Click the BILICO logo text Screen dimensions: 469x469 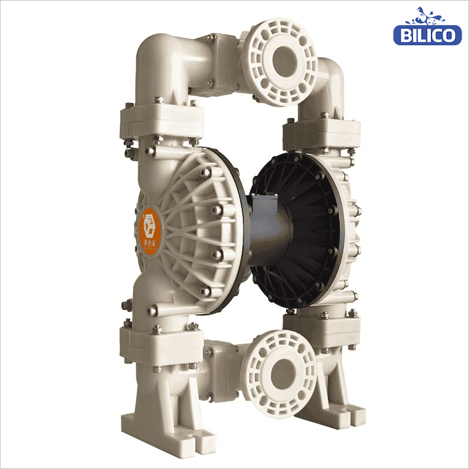coord(427,35)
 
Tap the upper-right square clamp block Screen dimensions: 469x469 coord(320,132)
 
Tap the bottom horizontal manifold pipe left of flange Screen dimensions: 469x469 coord(223,358)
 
